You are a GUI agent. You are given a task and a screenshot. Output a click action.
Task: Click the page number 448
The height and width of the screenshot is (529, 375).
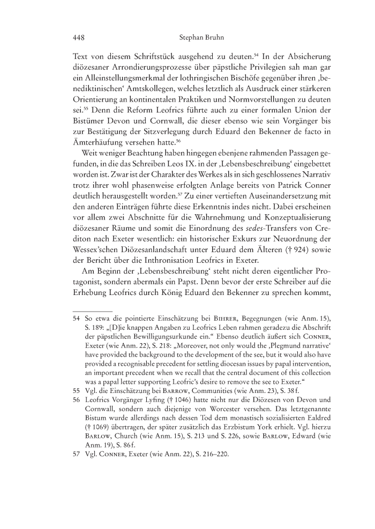coord(79,38)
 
